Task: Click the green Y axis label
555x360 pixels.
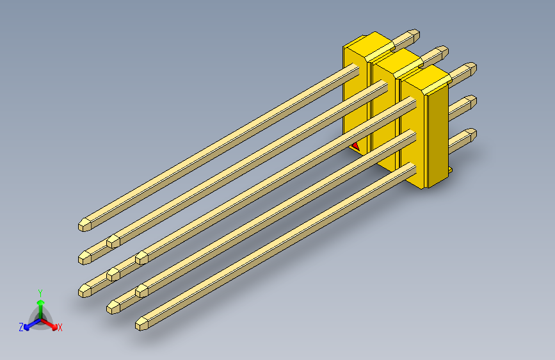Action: click(40, 291)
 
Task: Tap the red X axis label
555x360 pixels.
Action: click(60, 327)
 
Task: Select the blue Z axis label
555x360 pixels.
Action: click(21, 327)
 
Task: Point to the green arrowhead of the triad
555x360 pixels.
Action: click(40, 302)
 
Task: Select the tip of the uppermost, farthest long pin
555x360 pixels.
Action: click(84, 225)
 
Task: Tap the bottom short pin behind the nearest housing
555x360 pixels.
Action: click(462, 138)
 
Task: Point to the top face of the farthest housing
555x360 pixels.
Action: click(367, 45)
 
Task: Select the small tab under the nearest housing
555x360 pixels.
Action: click(451, 170)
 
